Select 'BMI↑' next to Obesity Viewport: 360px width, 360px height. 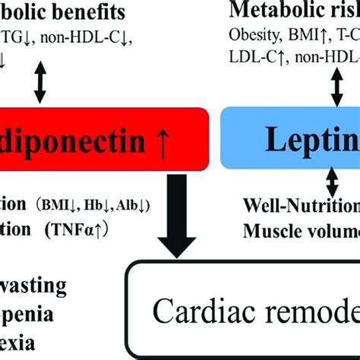click(298, 34)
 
